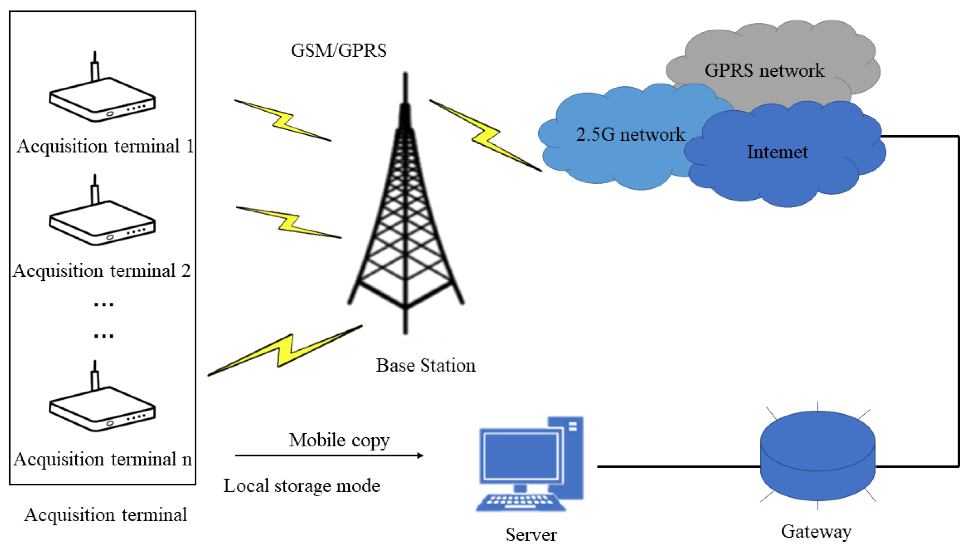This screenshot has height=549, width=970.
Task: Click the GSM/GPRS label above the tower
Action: point(338,51)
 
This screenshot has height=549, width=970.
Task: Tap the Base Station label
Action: point(426,365)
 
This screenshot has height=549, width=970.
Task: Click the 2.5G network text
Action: point(630,134)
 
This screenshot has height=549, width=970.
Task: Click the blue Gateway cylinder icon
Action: point(817,456)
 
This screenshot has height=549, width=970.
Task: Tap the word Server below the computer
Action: point(531,535)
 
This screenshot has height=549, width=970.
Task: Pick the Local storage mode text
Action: point(302,486)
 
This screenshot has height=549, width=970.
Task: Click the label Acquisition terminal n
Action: point(103,459)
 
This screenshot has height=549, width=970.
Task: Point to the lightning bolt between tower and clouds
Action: point(486,136)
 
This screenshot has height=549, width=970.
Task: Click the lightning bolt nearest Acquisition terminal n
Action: point(285,351)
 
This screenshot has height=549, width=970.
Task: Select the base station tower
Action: point(405,211)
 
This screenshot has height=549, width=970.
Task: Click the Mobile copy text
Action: point(339,440)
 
